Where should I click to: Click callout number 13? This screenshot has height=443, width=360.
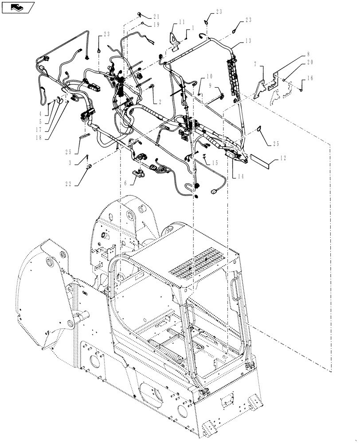point(247,41)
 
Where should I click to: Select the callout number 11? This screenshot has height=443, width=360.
point(182,22)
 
